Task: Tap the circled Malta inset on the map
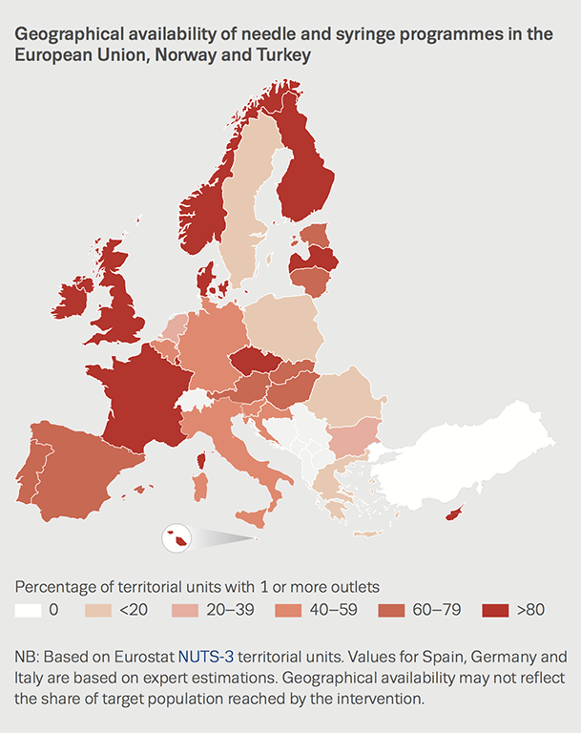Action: point(176,539)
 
